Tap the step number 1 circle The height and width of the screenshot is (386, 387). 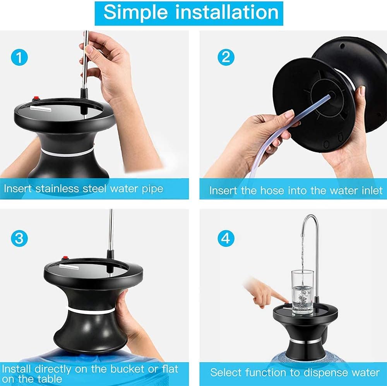coord(19,58)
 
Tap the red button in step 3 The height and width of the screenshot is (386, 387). coord(66,259)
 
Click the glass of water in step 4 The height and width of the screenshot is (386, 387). coord(302,293)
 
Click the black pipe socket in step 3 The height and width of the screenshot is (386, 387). coord(110,254)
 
